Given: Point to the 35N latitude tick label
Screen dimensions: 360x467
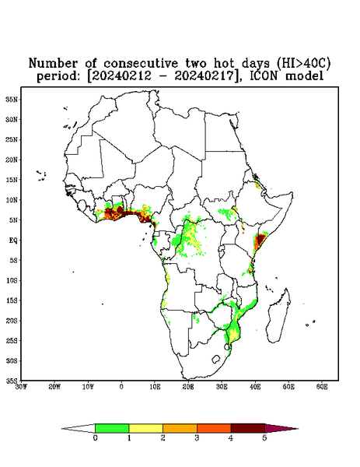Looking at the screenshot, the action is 12,99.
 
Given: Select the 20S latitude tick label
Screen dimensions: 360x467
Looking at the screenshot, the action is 12,321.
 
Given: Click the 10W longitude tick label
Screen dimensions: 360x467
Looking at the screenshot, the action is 88,387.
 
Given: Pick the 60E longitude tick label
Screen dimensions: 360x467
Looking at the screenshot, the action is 322,387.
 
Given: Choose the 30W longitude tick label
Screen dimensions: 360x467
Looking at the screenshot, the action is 21,387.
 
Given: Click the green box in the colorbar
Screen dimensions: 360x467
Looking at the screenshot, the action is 112,428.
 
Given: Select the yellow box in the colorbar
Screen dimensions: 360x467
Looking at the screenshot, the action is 145,428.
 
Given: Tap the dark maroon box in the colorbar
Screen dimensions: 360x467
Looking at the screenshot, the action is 248,428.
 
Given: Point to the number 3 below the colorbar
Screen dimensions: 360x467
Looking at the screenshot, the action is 197,438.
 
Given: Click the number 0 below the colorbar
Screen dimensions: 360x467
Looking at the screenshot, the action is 95,438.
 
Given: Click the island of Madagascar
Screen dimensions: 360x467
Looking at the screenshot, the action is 279,316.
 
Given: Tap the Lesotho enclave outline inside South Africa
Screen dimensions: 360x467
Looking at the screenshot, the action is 216,359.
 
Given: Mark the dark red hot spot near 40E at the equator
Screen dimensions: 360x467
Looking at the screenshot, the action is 260,239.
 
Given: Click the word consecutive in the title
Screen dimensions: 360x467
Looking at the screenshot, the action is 141,64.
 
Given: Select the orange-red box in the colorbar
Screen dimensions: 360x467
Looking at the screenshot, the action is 214,428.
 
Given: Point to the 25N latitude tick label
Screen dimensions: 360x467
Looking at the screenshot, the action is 12,139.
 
